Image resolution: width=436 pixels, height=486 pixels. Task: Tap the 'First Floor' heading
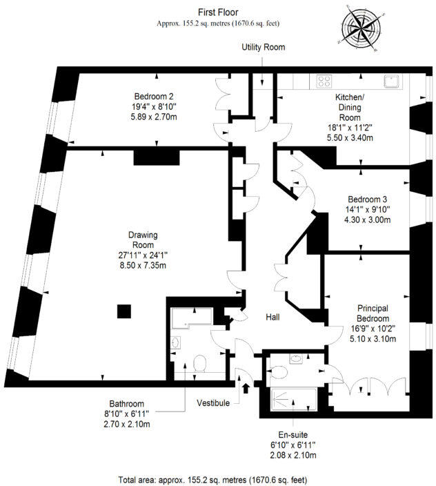217,12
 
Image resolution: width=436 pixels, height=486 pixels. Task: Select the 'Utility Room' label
263,48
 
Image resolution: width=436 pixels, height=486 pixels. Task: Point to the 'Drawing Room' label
143,240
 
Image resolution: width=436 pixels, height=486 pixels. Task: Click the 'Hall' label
273,317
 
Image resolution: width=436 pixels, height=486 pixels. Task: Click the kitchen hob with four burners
324,81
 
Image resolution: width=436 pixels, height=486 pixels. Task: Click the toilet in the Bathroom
201,362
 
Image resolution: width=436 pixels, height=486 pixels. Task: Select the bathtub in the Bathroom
194,318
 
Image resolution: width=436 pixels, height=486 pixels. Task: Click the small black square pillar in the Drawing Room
123,311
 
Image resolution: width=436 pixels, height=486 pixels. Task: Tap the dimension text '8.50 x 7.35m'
143,264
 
